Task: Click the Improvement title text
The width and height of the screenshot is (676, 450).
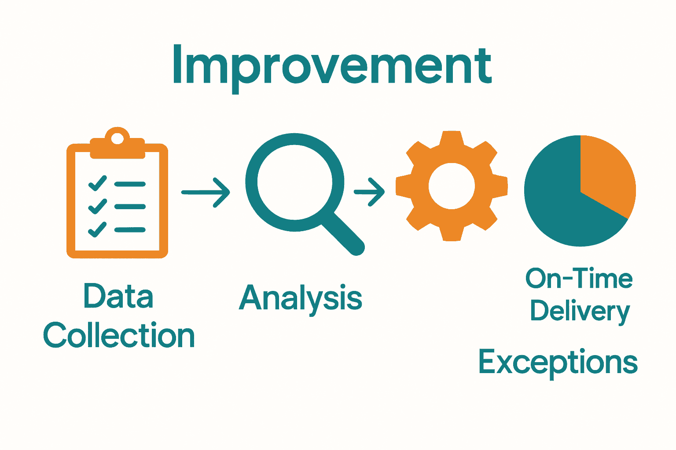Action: coord(332,66)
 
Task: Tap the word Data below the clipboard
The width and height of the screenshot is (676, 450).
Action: coord(118,296)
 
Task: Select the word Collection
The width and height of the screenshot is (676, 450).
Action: coord(119,335)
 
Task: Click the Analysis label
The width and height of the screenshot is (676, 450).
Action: coord(301,298)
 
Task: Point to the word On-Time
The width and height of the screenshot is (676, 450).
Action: coord(579,279)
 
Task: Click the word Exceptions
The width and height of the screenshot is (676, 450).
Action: coord(558,362)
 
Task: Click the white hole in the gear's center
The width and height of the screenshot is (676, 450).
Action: coord(452,186)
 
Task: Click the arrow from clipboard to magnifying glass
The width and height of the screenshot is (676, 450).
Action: coord(206,192)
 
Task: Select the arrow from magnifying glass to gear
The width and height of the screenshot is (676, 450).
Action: coord(370,192)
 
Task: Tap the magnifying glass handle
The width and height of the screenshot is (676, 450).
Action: coord(346,235)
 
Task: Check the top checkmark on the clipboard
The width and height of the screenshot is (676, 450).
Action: coord(97,183)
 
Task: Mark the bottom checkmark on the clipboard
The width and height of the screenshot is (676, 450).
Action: coord(97,229)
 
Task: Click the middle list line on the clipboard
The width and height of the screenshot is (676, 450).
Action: coord(130,207)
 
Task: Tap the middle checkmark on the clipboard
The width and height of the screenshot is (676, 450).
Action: coord(97,206)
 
